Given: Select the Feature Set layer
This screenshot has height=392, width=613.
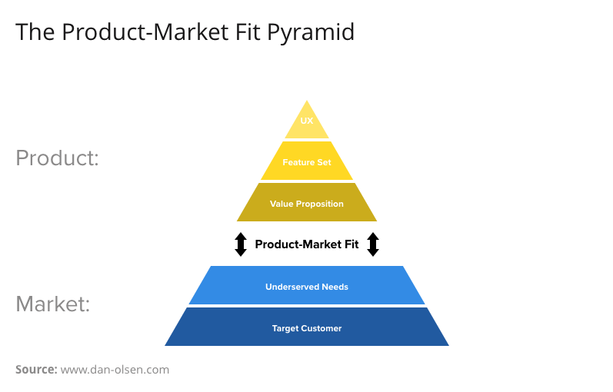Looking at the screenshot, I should coord(307,161).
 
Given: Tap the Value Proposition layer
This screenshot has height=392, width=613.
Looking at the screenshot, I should coord(307,203).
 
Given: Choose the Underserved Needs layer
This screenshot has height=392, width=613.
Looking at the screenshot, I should coord(307,286).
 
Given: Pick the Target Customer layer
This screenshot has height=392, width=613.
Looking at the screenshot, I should coord(307,327).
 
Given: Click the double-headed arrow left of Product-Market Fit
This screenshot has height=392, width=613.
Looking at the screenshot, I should coord(241,244).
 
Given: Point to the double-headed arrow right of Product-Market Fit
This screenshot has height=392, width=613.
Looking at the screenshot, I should coord(373,244).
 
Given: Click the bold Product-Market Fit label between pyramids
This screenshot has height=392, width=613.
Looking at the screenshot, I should coord(307,244).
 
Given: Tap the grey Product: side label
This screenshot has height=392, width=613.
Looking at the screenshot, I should coord(58,158).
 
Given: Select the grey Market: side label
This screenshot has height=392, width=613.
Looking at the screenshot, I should coord(53,304).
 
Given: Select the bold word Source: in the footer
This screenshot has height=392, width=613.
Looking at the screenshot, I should coord(36,370).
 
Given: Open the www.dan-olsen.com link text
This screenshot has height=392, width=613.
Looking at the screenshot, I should coord(115,370).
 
